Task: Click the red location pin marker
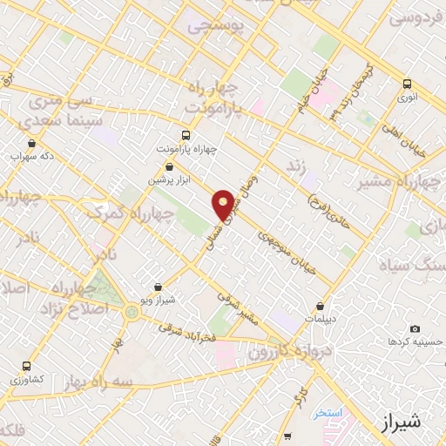224,204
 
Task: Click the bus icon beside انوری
407,84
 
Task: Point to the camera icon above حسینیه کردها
415,328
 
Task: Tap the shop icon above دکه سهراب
32,144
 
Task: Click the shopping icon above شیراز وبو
158,287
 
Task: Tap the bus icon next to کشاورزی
26,366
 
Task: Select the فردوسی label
416,17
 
